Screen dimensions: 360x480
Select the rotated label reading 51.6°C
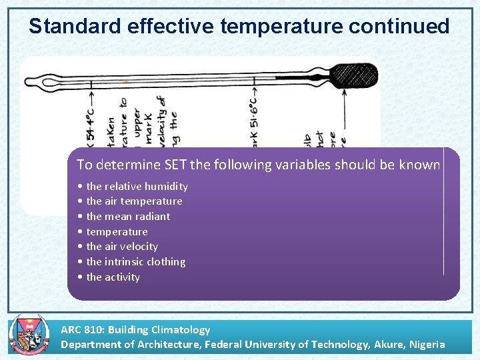253,120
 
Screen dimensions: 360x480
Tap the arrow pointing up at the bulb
345,113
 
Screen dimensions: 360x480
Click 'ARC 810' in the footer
81,329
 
